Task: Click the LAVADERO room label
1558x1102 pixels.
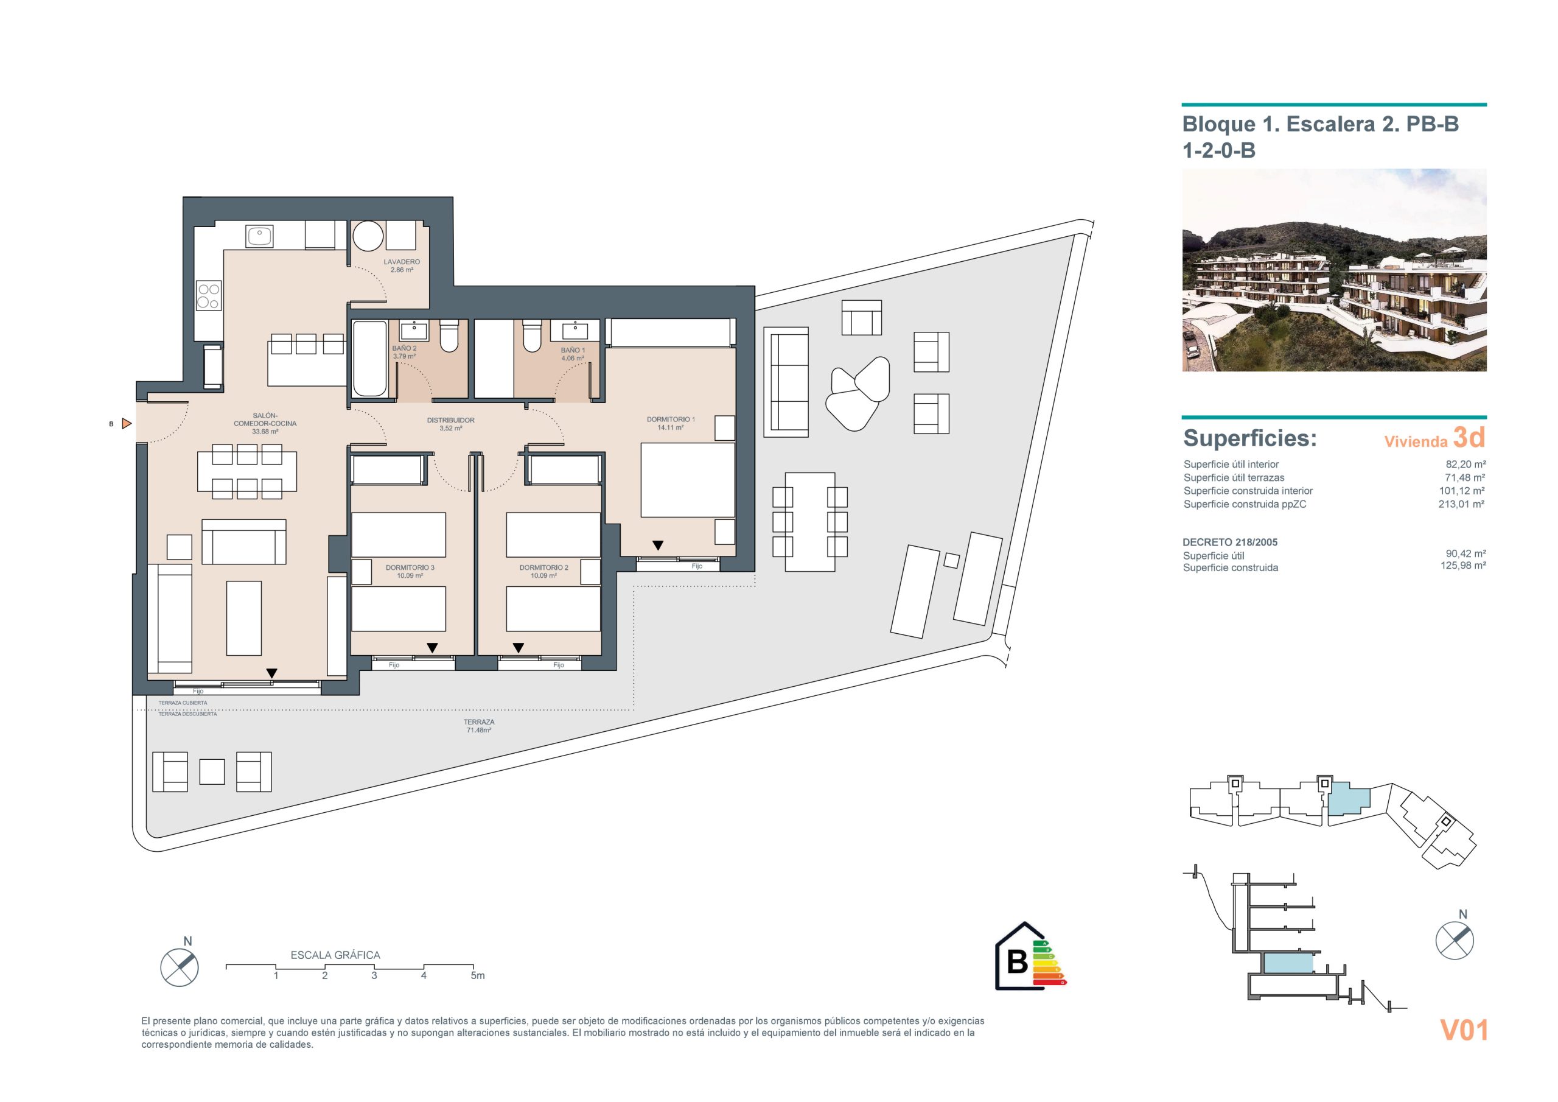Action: click(x=401, y=261)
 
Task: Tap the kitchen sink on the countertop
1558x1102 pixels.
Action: click(x=259, y=236)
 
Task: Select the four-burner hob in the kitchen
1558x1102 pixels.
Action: click(x=208, y=295)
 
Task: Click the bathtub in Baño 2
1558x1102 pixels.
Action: click(x=370, y=358)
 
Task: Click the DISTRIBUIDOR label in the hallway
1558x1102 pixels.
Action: click(x=450, y=420)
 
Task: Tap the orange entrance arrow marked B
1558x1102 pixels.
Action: click(x=126, y=424)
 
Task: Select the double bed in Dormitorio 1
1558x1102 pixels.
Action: click(x=688, y=481)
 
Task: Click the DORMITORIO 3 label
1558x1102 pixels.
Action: click(x=410, y=567)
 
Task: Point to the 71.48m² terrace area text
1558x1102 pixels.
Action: click(x=478, y=731)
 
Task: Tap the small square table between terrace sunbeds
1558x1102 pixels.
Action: click(x=951, y=561)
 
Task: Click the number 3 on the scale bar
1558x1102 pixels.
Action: click(x=374, y=976)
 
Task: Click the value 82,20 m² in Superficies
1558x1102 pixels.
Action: click(x=1465, y=465)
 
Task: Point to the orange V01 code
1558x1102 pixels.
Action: click(x=1464, y=1030)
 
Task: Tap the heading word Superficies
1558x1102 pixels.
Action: click(x=1250, y=438)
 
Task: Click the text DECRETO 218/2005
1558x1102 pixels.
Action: click(x=1230, y=542)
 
